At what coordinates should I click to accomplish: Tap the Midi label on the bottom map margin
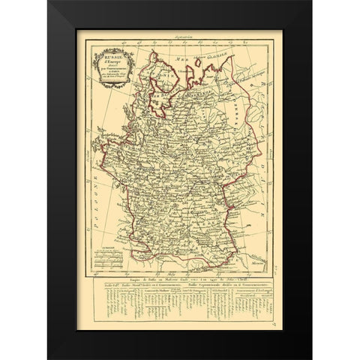coord(196,271)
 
